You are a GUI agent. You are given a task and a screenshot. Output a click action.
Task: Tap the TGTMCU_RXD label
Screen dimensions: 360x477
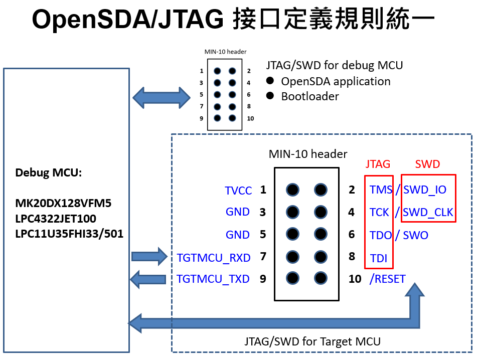(x=214, y=258)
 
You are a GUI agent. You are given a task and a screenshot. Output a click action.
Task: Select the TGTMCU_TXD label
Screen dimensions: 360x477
(x=213, y=279)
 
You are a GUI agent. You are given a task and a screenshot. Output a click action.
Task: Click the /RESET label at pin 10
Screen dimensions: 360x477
(x=387, y=279)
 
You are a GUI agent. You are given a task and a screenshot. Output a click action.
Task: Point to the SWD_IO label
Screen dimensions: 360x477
(x=425, y=190)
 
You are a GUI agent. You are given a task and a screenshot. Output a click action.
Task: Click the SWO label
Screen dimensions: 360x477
(x=415, y=235)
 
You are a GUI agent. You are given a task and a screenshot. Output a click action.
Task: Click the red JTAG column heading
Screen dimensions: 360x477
(x=378, y=164)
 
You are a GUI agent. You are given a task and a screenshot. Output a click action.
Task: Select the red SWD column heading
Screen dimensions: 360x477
(x=427, y=164)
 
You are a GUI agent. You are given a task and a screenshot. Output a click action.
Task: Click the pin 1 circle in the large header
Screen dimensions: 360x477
(x=292, y=190)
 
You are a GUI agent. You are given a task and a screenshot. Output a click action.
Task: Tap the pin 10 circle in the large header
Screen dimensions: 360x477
(x=321, y=278)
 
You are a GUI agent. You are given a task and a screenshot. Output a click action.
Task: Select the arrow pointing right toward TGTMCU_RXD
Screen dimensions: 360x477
(x=148, y=257)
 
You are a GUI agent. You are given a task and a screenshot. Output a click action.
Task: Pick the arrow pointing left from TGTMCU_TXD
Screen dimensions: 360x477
(x=147, y=278)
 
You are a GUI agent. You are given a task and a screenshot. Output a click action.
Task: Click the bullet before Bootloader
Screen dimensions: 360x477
(x=270, y=96)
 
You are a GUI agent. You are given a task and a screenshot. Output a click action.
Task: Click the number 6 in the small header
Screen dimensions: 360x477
(x=249, y=94)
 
